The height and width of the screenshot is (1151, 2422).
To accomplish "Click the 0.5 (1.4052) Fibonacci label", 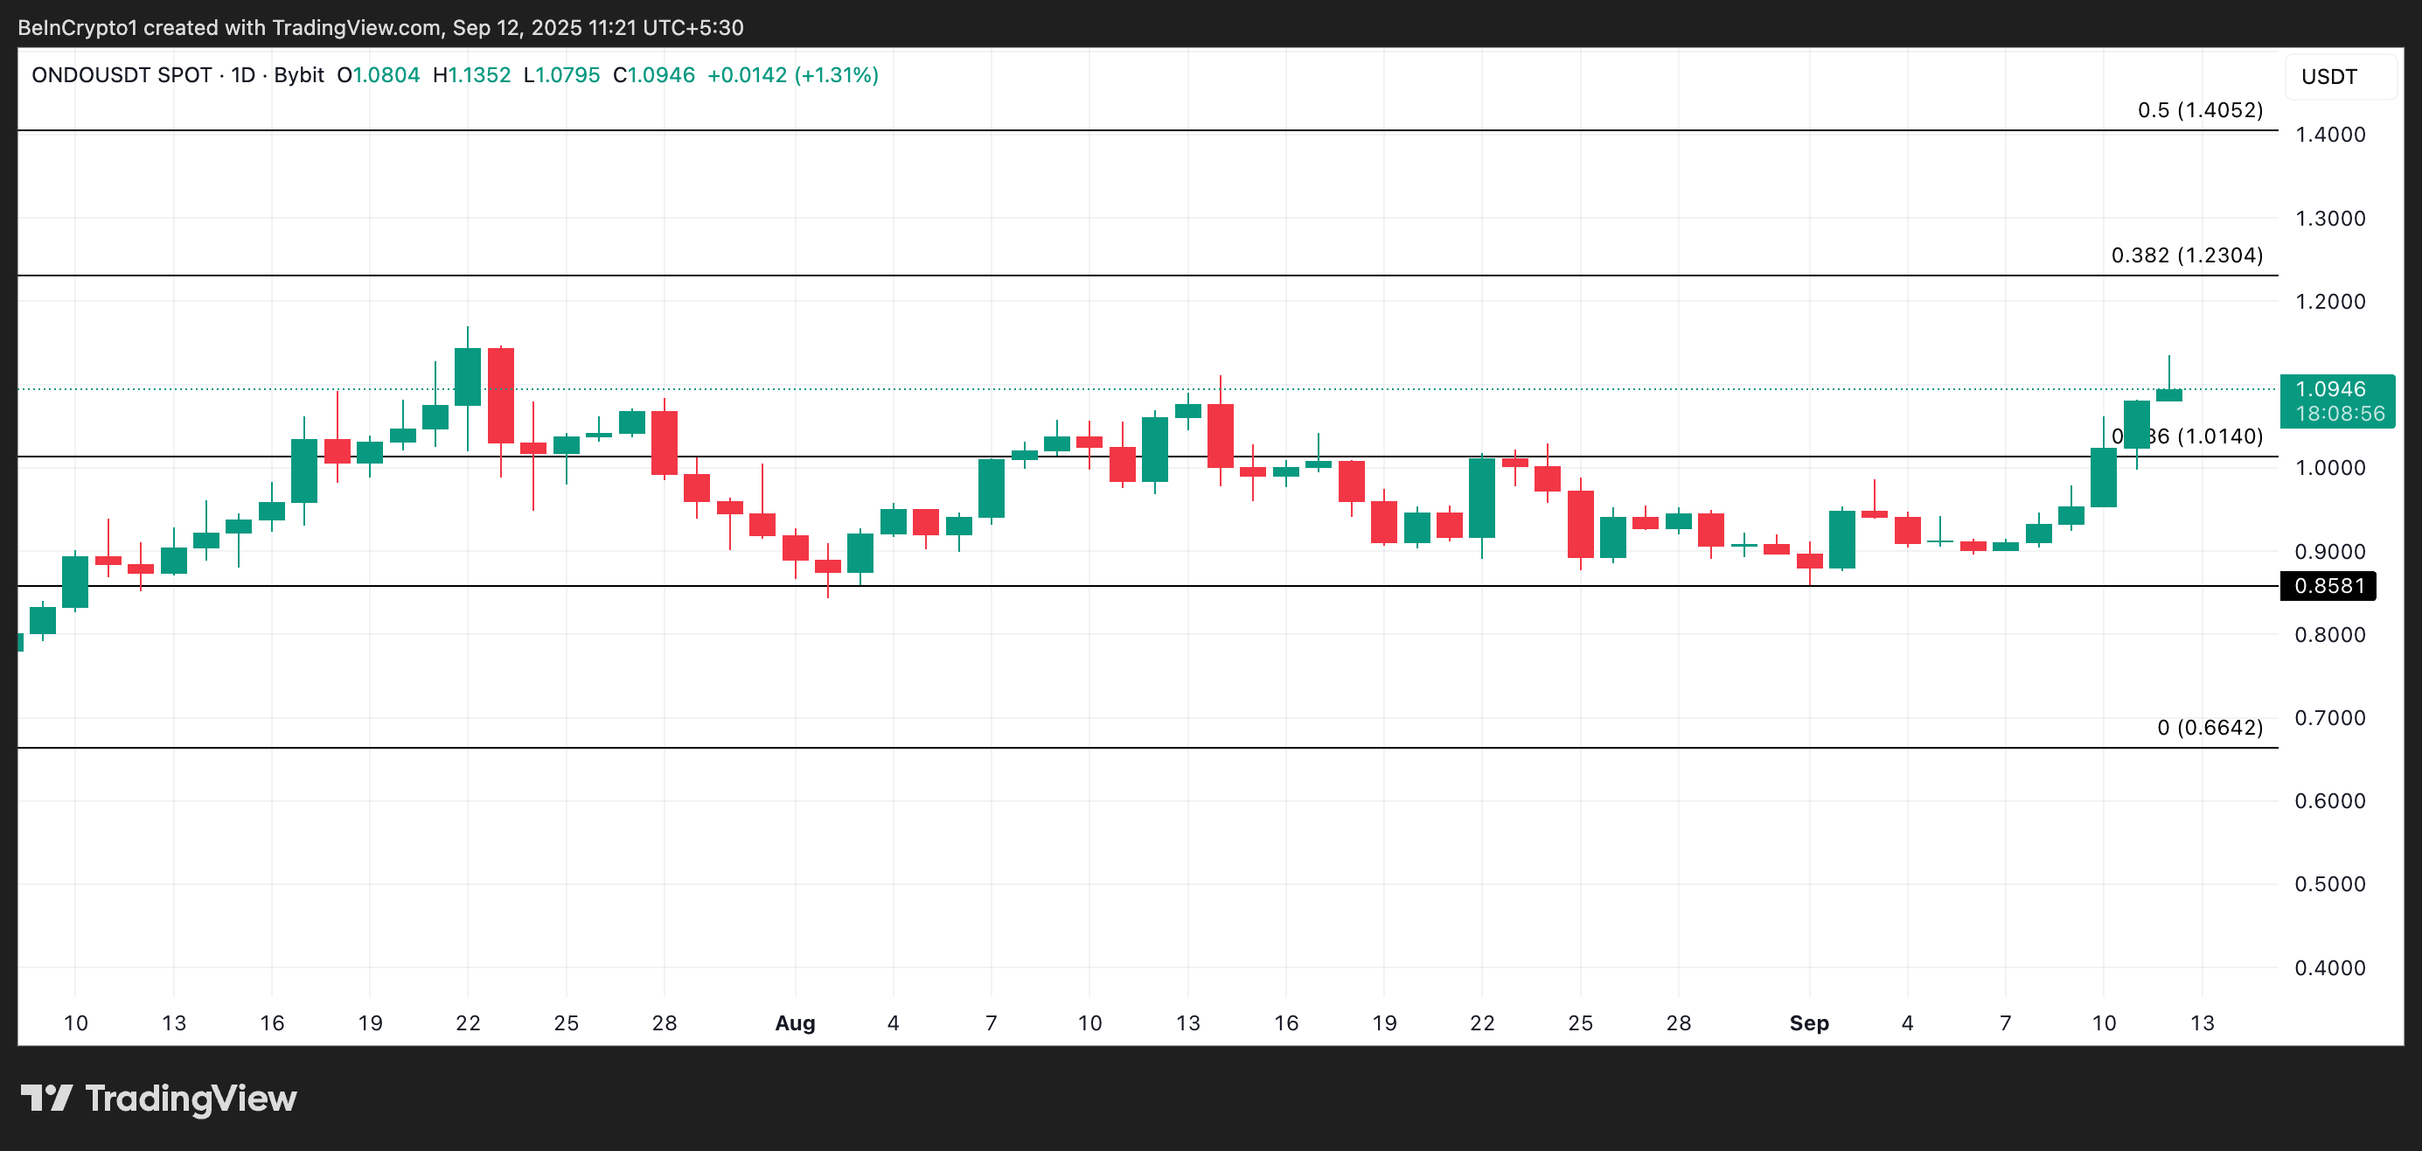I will pos(2199,110).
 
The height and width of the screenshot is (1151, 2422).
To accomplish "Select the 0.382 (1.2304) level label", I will pos(2186,255).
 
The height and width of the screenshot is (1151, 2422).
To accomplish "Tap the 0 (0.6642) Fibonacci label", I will pos(2209,727).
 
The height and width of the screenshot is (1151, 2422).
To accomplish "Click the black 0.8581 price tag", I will pos(2328,586).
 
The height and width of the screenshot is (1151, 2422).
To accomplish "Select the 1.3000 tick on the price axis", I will pos(2330,218).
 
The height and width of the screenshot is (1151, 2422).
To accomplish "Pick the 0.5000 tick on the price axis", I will pos(2330,884).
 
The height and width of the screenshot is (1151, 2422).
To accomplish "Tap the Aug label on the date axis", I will pos(795,1023).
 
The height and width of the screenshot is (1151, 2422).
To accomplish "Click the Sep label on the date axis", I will pos(1808,1023).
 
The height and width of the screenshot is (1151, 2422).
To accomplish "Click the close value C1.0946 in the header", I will pos(653,75).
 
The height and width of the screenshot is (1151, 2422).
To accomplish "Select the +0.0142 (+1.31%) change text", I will pos(792,75).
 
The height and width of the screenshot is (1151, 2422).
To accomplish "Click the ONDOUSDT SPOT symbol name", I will pos(122,75).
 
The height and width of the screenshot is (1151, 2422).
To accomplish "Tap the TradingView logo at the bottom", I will pos(159,1099).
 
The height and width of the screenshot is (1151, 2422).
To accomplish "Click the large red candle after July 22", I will pos(500,395).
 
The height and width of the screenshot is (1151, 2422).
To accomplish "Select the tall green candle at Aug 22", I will pos(1482,498).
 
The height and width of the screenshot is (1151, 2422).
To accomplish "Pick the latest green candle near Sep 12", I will pos(2168,395).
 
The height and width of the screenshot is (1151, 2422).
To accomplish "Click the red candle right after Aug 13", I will pos(1221,436).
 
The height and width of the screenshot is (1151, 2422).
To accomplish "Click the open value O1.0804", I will pos(378,75).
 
